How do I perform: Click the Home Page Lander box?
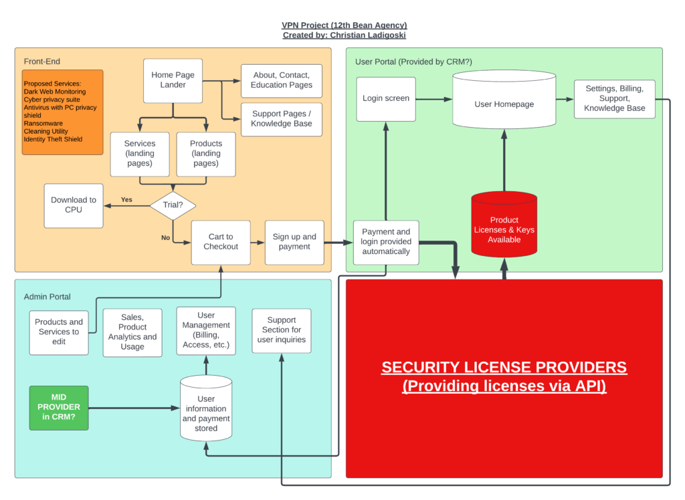[x=173, y=81]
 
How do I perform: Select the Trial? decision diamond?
[x=173, y=205]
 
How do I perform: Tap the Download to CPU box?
[x=74, y=206]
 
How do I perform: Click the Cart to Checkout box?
[x=221, y=243]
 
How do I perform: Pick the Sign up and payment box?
[x=294, y=243]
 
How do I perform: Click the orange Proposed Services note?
[x=62, y=112]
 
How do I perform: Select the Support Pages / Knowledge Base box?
[x=282, y=119]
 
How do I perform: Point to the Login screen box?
[x=386, y=99]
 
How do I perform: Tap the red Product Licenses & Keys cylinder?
[x=504, y=224]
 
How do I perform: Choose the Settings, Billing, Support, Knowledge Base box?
[x=614, y=99]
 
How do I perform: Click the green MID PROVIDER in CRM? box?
[x=59, y=408]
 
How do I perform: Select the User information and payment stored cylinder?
[x=206, y=408]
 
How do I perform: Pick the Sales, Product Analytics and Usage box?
[x=132, y=333]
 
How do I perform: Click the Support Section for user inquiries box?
[x=282, y=331]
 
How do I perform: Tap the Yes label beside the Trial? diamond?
[x=126, y=200]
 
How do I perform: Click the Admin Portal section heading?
[x=47, y=297]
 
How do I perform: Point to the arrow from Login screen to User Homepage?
[x=433, y=99]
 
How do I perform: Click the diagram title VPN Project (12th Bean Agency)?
[x=345, y=25]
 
